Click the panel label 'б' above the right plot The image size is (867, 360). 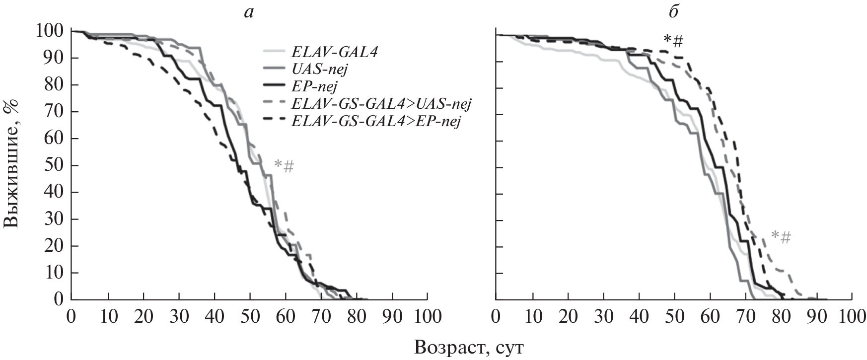[673, 12]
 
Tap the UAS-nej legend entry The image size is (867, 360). [320, 69]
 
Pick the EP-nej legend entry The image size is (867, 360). [315, 86]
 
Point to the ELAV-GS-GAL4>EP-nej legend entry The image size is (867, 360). [376, 121]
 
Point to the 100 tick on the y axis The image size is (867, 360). [50, 31]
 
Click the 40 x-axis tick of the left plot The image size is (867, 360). [214, 316]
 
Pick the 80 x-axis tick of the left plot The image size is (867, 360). [357, 316]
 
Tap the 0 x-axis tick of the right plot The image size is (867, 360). [496, 316]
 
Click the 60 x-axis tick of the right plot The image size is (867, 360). [710, 316]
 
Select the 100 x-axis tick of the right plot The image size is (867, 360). [852, 316]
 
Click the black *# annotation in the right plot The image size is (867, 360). [673, 40]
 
